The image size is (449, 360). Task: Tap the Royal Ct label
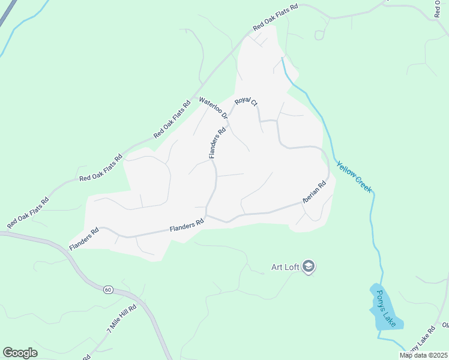[246, 103]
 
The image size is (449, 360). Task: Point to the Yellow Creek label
[354, 176]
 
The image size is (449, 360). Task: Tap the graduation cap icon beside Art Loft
[309, 266]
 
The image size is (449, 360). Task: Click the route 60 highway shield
[108, 290]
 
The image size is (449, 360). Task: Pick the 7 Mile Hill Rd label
[121, 319]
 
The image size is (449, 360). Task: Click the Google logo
[20, 353]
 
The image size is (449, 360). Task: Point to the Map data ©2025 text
[423, 355]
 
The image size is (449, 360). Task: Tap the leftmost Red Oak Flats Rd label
[27, 213]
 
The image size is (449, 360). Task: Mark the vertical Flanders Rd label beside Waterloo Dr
[217, 143]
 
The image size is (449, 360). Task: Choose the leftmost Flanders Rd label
[83, 239]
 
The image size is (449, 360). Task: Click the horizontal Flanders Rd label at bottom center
[187, 225]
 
